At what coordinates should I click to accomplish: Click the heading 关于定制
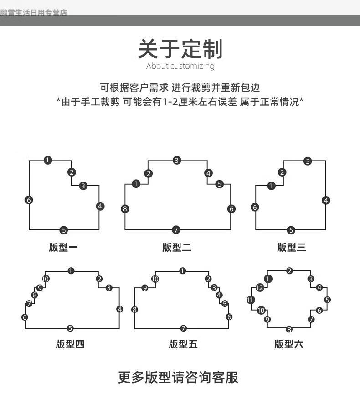point(180,49)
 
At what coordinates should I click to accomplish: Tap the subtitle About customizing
point(180,66)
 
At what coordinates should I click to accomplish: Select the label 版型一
point(63,248)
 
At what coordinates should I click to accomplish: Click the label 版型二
point(177,248)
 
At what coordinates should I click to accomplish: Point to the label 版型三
point(292,248)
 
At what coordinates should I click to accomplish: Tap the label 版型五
point(183,344)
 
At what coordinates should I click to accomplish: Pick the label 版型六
point(289,344)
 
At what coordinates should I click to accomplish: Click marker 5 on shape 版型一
point(64,230)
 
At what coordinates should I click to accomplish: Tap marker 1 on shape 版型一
point(48,160)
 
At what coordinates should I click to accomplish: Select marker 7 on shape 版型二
point(176,229)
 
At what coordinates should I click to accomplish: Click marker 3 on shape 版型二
point(177,160)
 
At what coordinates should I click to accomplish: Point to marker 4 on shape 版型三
point(325,200)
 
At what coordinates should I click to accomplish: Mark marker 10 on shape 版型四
point(46,279)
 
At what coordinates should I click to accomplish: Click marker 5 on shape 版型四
point(70,328)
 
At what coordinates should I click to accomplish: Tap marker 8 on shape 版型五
point(134,310)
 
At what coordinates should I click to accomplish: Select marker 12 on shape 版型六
point(260,288)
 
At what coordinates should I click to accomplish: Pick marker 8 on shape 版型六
point(289,329)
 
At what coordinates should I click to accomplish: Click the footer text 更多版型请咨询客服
point(178,378)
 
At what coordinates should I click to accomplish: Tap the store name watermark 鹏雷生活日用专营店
point(34,13)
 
